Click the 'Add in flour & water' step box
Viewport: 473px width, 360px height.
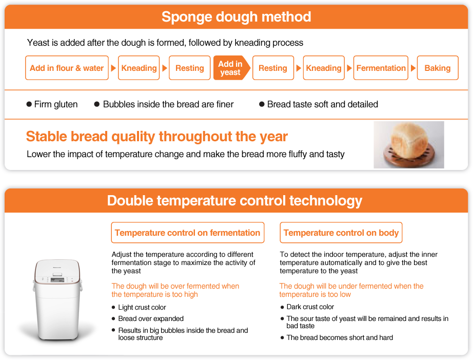click(x=67, y=68)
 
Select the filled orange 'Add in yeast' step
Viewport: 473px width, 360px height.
click(x=231, y=68)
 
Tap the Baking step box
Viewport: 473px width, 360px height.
click(x=438, y=68)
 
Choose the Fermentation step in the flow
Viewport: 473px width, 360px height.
click(x=381, y=68)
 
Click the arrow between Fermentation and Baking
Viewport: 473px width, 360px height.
click(x=413, y=68)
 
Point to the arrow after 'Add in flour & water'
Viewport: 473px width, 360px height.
click(x=113, y=68)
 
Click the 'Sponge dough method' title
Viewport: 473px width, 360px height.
click(x=236, y=17)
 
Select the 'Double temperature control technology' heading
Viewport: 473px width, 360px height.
click(x=234, y=201)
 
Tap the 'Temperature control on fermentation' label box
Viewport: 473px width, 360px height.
click(x=188, y=233)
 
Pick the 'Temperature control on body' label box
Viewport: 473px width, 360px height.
click(x=341, y=233)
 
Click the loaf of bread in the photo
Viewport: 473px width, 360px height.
click(x=409, y=140)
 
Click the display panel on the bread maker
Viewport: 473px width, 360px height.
click(x=57, y=280)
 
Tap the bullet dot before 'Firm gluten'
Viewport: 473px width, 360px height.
click(x=29, y=104)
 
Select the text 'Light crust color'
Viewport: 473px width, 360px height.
click(x=142, y=307)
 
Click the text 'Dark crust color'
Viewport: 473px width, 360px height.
click(x=310, y=307)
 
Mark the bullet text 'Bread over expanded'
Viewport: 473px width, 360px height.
click(x=151, y=318)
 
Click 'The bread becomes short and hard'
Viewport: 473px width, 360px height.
click(x=340, y=337)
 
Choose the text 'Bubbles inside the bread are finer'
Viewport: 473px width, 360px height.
click(x=168, y=104)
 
